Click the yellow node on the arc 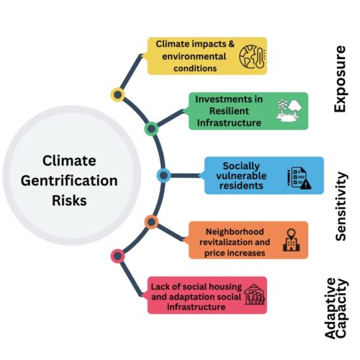tap(117, 95)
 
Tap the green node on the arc tap(151, 129)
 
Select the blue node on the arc tap(163, 176)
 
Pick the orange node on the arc tap(151, 222)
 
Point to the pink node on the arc tap(117, 256)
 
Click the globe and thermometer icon tap(252, 57)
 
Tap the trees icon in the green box tap(289, 111)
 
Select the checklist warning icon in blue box tap(300, 178)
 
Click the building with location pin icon tap(292, 240)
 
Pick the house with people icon tap(255, 294)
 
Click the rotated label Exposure tap(340, 79)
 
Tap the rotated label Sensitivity tap(341, 207)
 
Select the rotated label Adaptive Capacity tap(336, 308)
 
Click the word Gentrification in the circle tap(69, 181)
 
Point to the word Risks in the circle tap(69, 200)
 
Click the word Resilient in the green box tap(229, 111)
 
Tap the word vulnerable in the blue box tap(241, 176)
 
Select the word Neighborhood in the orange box tap(235, 232)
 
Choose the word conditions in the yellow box tap(195, 68)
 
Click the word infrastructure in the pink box tap(197, 307)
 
